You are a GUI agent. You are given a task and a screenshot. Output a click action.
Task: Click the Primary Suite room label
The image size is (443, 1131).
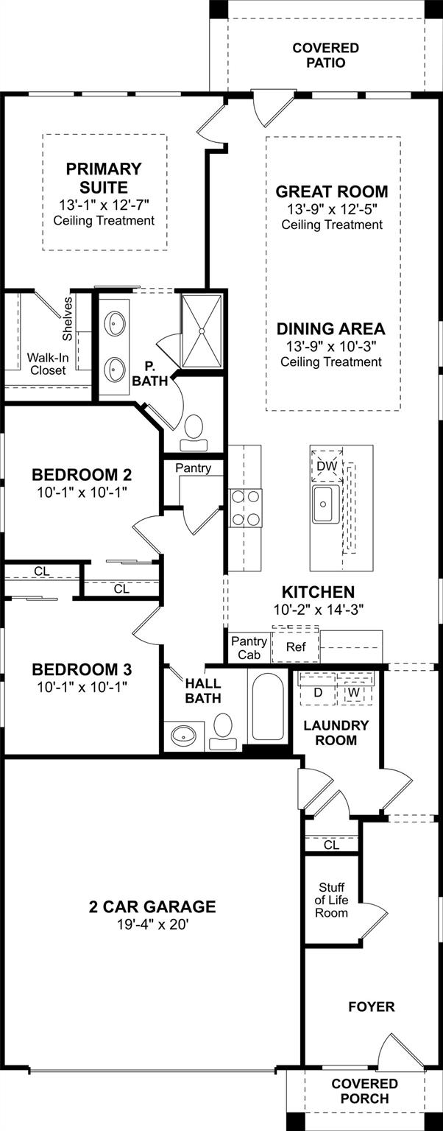pos(104,177)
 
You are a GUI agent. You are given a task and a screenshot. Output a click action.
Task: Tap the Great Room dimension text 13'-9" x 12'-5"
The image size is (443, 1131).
pos(331,209)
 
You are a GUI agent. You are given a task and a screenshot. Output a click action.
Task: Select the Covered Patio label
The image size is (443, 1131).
pos(325,55)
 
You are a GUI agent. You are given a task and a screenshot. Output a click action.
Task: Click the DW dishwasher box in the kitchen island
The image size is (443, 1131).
pos(327,465)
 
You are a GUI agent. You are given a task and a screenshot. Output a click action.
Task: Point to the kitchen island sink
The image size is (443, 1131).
pos(325,504)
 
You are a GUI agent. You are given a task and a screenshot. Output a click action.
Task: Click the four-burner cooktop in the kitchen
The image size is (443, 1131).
pos(246,509)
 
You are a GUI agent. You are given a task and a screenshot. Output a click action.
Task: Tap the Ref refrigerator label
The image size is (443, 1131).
pos(296,646)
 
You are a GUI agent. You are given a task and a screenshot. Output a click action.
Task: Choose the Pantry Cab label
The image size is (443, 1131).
pos(249,648)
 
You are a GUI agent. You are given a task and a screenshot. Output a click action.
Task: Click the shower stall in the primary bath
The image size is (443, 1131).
pos(202,331)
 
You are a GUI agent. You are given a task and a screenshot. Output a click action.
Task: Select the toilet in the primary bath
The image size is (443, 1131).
pos(194,433)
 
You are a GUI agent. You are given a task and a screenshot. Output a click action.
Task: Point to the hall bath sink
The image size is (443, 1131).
pos(182,736)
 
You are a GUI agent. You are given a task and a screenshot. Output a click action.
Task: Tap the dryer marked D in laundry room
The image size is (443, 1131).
pos(318,692)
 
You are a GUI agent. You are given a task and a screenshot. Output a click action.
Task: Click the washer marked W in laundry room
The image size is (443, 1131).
pos(353,693)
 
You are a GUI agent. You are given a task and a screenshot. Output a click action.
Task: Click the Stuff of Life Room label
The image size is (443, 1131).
pos(331,900)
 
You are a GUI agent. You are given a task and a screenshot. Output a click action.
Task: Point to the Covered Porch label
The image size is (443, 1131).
pos(364,1091)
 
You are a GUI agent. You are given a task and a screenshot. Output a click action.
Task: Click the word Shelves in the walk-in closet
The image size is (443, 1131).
pos(68,319)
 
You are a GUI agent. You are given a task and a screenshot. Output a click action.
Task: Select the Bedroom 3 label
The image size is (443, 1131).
pos(82,669)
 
